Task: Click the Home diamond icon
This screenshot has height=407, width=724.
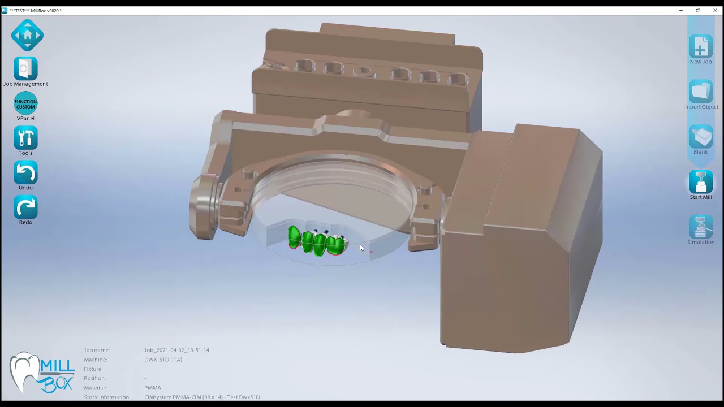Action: [x=27, y=35]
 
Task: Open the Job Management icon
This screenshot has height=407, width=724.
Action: [x=25, y=69]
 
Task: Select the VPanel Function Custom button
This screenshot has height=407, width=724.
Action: [x=25, y=104]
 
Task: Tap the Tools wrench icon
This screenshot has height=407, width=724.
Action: [x=25, y=138]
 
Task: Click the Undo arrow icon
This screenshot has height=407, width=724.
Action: [x=25, y=172]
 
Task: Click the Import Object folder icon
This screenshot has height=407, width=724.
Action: [x=700, y=92]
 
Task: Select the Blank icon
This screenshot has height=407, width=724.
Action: [x=700, y=137]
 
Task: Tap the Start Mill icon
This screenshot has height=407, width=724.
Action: [x=700, y=182]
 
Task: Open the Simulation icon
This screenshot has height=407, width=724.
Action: [x=700, y=227]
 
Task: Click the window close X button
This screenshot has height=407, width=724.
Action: [x=715, y=10]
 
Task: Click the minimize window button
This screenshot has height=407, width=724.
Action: [x=681, y=10]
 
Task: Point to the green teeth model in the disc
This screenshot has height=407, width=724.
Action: [x=317, y=242]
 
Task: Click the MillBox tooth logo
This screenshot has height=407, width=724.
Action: [x=41, y=373]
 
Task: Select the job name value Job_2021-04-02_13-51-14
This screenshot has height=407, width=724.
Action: [x=176, y=350]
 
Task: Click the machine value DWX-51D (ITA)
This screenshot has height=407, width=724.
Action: [x=163, y=360]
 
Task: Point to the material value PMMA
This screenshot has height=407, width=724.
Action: [x=153, y=388]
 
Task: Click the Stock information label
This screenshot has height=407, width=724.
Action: [x=107, y=397]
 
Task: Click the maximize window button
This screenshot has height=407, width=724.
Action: [x=698, y=10]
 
